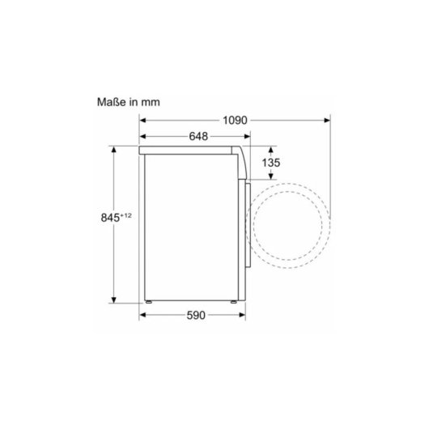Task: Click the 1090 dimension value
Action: [234, 121]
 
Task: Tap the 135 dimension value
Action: [272, 164]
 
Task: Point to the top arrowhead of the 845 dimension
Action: [113, 150]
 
